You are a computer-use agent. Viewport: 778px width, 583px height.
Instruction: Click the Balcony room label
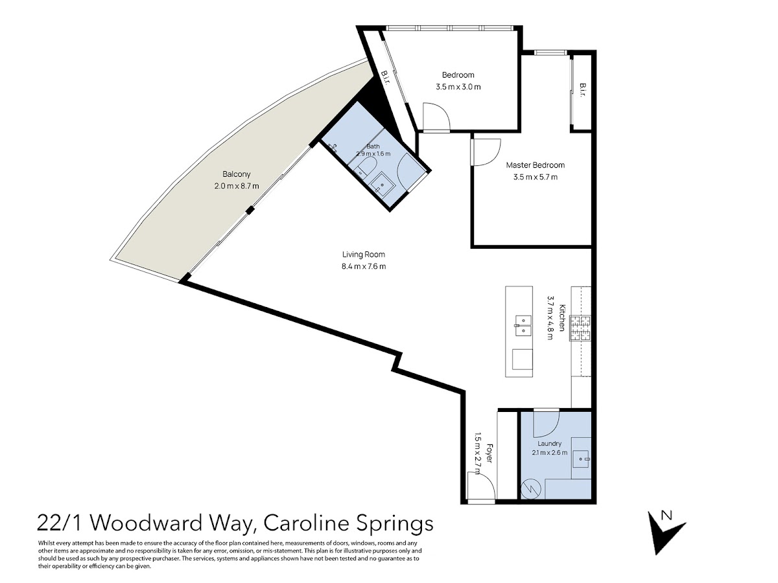pyautogui.click(x=237, y=174)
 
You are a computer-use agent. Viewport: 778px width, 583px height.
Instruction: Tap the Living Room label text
pyautogui.click(x=363, y=255)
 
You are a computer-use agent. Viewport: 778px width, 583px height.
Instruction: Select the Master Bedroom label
pyautogui.click(x=536, y=165)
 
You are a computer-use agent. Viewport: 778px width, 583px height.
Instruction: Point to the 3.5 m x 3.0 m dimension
pyautogui.click(x=458, y=87)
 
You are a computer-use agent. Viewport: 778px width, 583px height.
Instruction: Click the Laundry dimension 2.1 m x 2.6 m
pyautogui.click(x=549, y=452)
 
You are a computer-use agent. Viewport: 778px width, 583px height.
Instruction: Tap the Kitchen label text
pyautogui.click(x=562, y=317)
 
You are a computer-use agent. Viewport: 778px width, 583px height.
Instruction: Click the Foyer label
pyautogui.click(x=489, y=453)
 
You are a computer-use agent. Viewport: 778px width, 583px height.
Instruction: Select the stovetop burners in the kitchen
pyautogui.click(x=580, y=328)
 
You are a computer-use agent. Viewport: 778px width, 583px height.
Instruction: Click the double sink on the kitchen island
pyautogui.click(x=523, y=325)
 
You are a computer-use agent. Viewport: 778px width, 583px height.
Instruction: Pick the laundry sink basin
pyautogui.click(x=581, y=459)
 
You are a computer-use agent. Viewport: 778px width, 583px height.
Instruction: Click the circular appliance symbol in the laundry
pyautogui.click(x=531, y=489)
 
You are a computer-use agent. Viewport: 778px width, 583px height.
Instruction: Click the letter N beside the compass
pyautogui.click(x=666, y=516)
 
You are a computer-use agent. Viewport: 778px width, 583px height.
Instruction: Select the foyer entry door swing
pyautogui.click(x=481, y=485)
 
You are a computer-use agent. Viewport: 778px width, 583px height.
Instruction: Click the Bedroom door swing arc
pyautogui.click(x=436, y=117)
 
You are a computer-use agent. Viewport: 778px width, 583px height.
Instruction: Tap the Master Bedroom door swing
pyautogui.click(x=486, y=152)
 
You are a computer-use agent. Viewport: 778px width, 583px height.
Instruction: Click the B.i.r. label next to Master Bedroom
pyautogui.click(x=583, y=90)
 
